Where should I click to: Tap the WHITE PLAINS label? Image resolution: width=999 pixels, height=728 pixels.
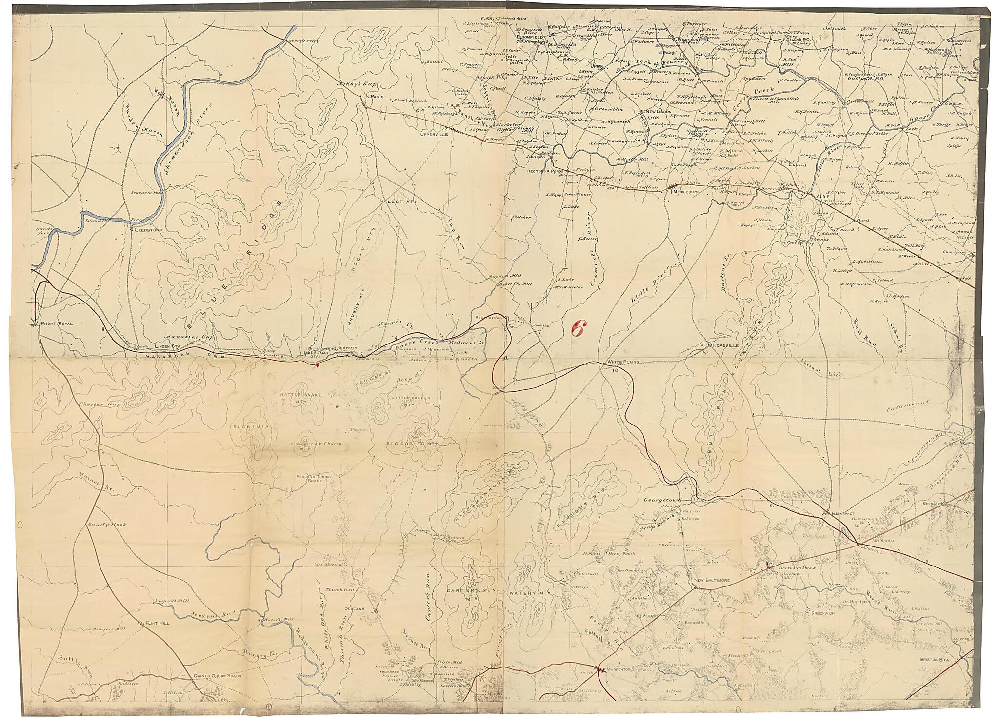[x=622, y=362]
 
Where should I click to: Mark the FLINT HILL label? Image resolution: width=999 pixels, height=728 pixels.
[x=156, y=623]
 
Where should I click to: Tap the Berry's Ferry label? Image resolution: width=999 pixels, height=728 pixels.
[x=303, y=41]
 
